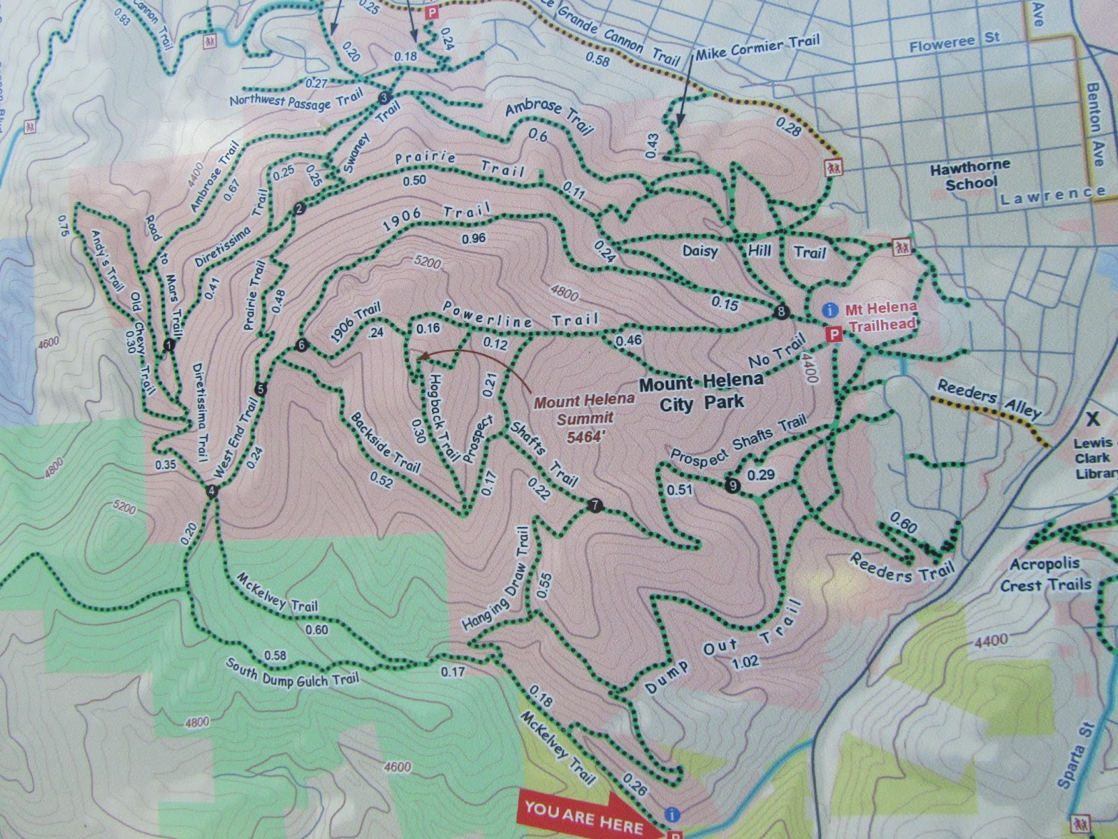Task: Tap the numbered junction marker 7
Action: pos(595,505)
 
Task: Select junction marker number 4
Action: pos(212,492)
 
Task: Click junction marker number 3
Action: pos(383,97)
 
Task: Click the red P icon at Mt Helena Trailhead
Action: pos(832,335)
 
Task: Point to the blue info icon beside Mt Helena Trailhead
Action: pos(830,308)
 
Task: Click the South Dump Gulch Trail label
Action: pos(292,671)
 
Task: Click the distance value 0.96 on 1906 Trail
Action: pos(473,238)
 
